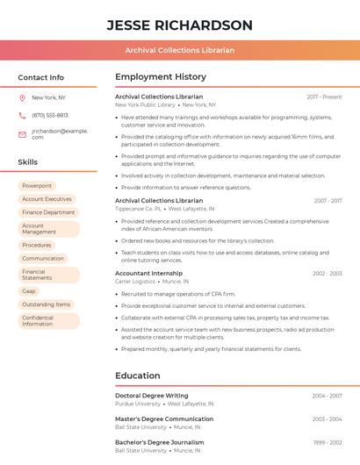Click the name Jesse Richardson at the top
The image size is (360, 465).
[179, 25]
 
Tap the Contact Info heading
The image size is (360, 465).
[40, 77]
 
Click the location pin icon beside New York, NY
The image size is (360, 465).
[22, 97]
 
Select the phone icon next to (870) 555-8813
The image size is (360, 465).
[22, 115]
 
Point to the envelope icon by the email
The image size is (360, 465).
[22, 134]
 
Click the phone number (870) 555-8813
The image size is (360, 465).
[50, 115]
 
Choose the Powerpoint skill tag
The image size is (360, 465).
[37, 186]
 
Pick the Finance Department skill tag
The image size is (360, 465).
[48, 212]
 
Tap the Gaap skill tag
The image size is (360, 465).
[29, 290]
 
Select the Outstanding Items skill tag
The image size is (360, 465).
[46, 304]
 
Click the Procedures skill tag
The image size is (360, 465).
[37, 245]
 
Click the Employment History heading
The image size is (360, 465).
[161, 77]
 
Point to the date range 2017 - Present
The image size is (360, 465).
[324, 97]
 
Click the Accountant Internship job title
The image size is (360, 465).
[149, 274]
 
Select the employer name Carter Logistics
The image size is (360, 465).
[134, 282]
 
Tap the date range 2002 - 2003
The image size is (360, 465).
[327, 274]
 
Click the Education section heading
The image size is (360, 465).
[137, 376]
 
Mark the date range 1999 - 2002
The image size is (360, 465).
[327, 443]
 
